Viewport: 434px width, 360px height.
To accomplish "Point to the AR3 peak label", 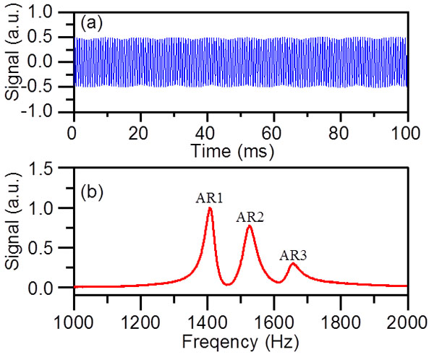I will click(292, 254).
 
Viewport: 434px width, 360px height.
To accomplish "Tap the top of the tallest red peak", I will click(209, 208).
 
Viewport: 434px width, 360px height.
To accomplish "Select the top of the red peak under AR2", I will click(250, 226).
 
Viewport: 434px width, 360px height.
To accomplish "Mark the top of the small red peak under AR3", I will click(292, 264).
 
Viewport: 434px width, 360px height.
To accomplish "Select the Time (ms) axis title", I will click(240, 150).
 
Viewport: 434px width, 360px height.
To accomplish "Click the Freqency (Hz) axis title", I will click(240, 338).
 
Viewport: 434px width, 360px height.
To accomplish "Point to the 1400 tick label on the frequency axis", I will click(207, 321).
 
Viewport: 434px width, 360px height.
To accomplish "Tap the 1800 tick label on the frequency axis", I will click(341, 321).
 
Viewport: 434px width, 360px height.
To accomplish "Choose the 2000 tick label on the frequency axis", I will click(407, 321).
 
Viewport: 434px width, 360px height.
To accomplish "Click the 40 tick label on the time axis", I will click(207, 133).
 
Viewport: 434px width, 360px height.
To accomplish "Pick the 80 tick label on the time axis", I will click(341, 133).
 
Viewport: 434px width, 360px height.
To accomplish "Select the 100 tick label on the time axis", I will click(407, 133).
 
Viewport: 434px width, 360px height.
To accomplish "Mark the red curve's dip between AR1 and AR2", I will click(228, 284).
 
